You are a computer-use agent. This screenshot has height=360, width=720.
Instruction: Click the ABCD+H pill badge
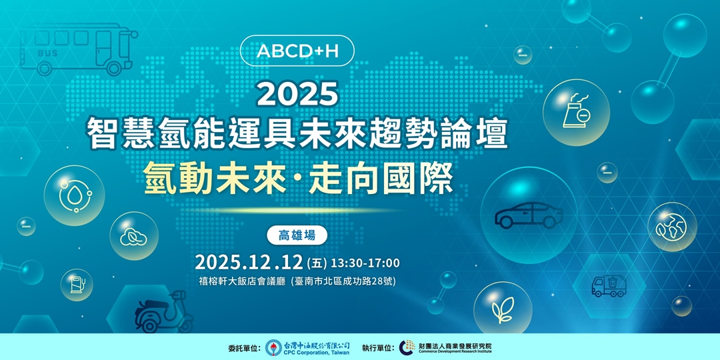click(x=297, y=51)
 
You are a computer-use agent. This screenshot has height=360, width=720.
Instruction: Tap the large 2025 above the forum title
click(x=297, y=94)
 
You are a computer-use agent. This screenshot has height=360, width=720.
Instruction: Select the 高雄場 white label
click(x=297, y=235)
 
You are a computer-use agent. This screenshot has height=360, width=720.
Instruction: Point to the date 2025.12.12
click(x=249, y=262)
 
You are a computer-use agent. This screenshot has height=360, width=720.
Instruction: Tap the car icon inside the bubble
click(x=528, y=215)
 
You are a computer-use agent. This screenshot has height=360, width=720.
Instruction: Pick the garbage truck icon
click(x=609, y=285)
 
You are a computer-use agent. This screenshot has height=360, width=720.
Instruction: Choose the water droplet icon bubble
click(x=74, y=195)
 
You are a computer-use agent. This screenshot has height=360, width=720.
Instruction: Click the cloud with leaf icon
click(x=134, y=236)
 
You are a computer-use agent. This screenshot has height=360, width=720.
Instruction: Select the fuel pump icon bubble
click(x=77, y=285)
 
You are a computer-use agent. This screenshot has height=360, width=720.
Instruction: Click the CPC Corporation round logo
click(x=273, y=347)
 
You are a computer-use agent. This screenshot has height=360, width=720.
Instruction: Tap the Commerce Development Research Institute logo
click(x=407, y=347)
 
